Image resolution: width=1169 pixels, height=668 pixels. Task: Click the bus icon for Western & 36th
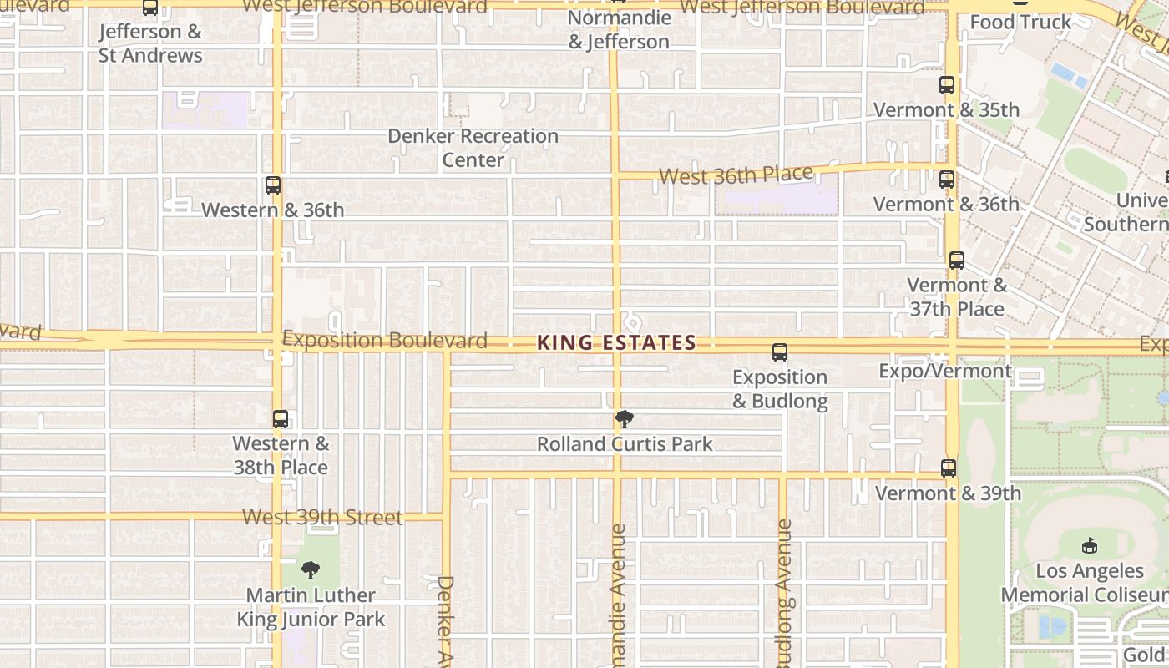tap(273, 185)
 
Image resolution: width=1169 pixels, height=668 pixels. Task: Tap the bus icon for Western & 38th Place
tap(281, 419)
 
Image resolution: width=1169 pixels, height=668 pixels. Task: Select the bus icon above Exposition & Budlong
tap(780, 352)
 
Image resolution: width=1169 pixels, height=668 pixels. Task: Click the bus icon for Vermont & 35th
tap(947, 85)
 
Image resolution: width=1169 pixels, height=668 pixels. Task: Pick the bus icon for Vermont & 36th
tap(947, 180)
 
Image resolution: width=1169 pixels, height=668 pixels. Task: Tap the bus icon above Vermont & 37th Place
tap(957, 261)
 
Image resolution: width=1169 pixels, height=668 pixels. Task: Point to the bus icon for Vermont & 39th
tap(949, 468)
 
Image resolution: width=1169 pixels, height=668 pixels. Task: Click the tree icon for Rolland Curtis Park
tap(624, 419)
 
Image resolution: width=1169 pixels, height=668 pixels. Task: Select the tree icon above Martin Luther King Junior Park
tap(311, 571)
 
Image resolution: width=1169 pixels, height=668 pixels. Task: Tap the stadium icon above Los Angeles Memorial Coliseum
tap(1089, 546)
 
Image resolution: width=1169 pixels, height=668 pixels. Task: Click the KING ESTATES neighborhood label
tap(616, 342)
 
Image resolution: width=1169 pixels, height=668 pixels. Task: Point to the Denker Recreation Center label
tap(473, 148)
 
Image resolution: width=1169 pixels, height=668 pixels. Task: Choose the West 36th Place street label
tap(736, 175)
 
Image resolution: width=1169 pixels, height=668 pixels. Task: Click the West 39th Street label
tap(322, 518)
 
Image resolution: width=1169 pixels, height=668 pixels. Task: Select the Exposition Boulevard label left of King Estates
tap(385, 341)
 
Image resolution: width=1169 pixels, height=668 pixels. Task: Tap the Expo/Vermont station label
tap(945, 371)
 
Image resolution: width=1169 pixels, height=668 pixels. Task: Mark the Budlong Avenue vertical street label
tap(784, 593)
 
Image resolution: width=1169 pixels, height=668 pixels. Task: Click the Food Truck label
tap(1020, 23)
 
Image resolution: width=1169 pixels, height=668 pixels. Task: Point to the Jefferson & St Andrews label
tap(150, 43)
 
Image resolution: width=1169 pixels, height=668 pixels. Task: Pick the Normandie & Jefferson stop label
tap(619, 29)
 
